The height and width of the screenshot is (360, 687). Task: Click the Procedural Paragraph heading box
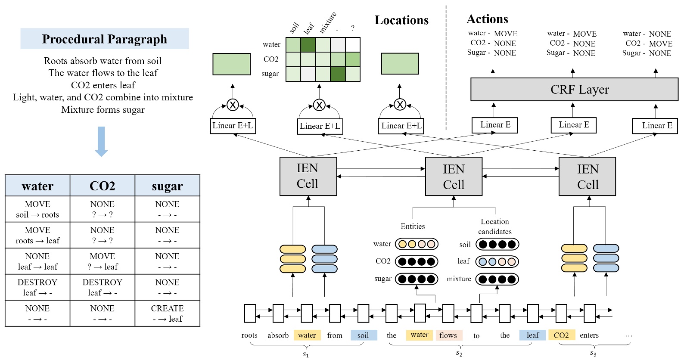point(105,39)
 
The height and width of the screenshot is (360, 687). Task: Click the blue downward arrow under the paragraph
point(101,141)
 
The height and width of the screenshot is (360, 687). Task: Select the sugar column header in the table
point(167,186)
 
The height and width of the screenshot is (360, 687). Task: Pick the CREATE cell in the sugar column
point(167,313)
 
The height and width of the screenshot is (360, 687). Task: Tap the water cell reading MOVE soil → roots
point(37,209)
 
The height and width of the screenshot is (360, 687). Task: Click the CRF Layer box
point(574,90)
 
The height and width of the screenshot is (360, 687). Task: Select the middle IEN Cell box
point(454,177)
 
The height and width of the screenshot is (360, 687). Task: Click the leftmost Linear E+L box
point(233,126)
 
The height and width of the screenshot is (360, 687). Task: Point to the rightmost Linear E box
point(655,126)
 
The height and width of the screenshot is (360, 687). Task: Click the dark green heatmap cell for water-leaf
point(308,45)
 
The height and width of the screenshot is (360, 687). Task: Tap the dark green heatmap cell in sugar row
point(338,74)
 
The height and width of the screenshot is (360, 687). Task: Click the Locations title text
point(401,20)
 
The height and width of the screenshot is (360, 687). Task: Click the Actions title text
point(487,19)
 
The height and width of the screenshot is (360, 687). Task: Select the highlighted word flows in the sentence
point(448,335)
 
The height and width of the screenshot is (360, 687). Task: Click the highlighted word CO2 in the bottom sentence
point(561,335)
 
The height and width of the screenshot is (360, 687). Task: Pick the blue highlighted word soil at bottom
point(364,335)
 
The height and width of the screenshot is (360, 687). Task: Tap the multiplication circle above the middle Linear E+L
point(319,105)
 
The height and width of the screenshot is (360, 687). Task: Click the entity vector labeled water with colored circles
point(417,244)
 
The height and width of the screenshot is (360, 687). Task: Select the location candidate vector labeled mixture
point(497,279)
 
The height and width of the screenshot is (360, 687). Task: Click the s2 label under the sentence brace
point(459,354)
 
